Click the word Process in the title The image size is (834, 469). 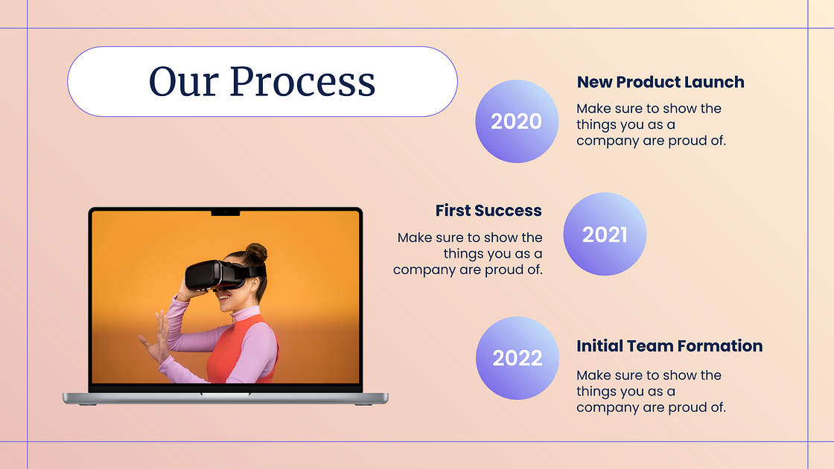[x=302, y=81]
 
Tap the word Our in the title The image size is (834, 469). [x=183, y=81]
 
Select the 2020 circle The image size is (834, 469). [x=517, y=121]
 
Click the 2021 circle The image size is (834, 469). [x=605, y=234]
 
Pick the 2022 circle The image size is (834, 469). [x=517, y=358]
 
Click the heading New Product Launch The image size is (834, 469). [x=660, y=82]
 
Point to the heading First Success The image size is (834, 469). [x=488, y=211]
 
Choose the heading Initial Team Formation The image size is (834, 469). [x=669, y=346]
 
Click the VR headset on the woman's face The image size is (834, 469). [x=218, y=275]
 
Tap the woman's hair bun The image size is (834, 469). [x=256, y=252]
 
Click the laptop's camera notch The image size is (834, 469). [x=226, y=213]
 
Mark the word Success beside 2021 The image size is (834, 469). [x=508, y=211]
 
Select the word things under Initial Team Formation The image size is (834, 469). [x=596, y=392]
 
